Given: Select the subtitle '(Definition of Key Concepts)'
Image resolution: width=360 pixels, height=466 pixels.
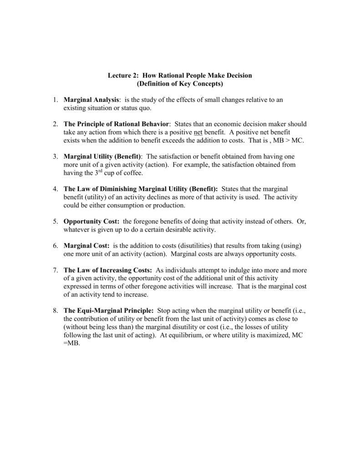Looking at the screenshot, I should point(180,84).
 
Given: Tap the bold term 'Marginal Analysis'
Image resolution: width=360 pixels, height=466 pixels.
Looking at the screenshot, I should point(91,100).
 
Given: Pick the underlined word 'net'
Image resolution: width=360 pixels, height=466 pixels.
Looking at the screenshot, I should point(198,132).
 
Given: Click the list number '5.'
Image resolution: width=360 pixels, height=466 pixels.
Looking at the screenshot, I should point(55,221).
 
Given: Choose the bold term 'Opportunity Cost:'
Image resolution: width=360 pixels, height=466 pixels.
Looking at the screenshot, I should point(91,221).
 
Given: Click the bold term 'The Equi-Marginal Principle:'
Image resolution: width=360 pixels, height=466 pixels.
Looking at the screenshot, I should point(109,310).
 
